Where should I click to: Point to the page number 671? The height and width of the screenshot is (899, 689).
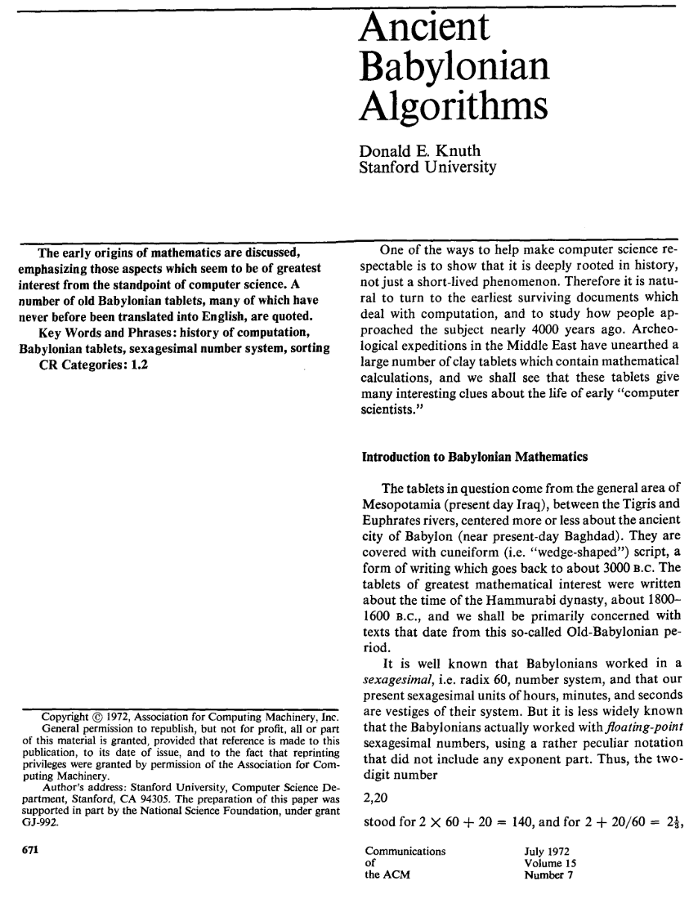(25, 846)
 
